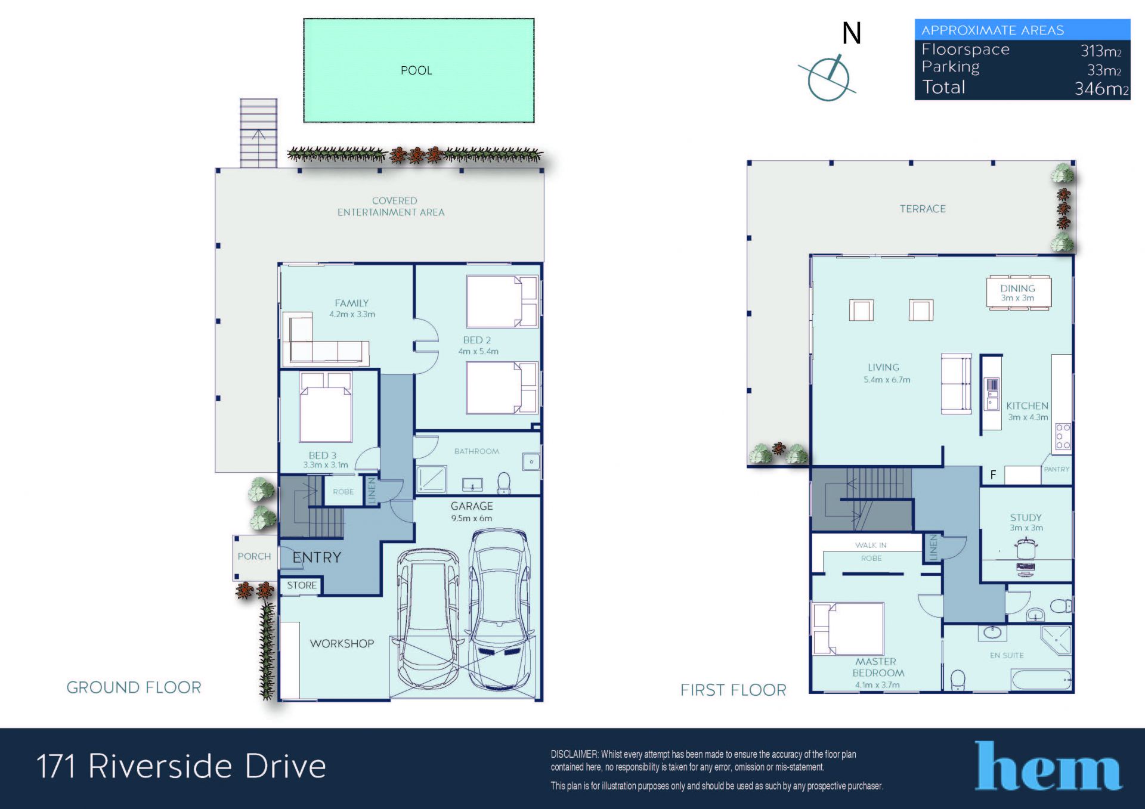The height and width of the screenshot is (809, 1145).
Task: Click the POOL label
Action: click(416, 70)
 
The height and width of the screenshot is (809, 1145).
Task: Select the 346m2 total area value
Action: click(1101, 89)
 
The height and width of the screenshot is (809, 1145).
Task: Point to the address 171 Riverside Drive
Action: click(181, 766)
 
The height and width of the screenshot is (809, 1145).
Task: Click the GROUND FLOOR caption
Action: click(134, 687)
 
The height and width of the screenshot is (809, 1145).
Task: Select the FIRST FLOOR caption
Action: click(734, 690)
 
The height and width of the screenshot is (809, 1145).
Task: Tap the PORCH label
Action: click(254, 556)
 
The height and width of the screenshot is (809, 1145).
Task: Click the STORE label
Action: click(302, 585)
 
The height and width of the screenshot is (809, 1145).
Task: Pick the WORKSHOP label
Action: click(342, 643)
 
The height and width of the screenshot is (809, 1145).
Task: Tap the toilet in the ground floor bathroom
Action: click(504, 483)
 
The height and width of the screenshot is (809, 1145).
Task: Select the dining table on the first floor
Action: click(1019, 293)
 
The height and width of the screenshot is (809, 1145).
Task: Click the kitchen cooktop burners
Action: click(1063, 436)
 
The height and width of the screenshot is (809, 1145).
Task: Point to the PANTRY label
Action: click(1057, 469)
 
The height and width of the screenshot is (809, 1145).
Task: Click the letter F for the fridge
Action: click(993, 475)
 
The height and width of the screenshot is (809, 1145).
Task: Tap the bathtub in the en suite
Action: click(1041, 679)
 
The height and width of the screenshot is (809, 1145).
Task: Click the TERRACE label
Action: click(923, 209)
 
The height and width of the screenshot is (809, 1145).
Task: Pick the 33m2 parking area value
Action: click(1104, 70)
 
